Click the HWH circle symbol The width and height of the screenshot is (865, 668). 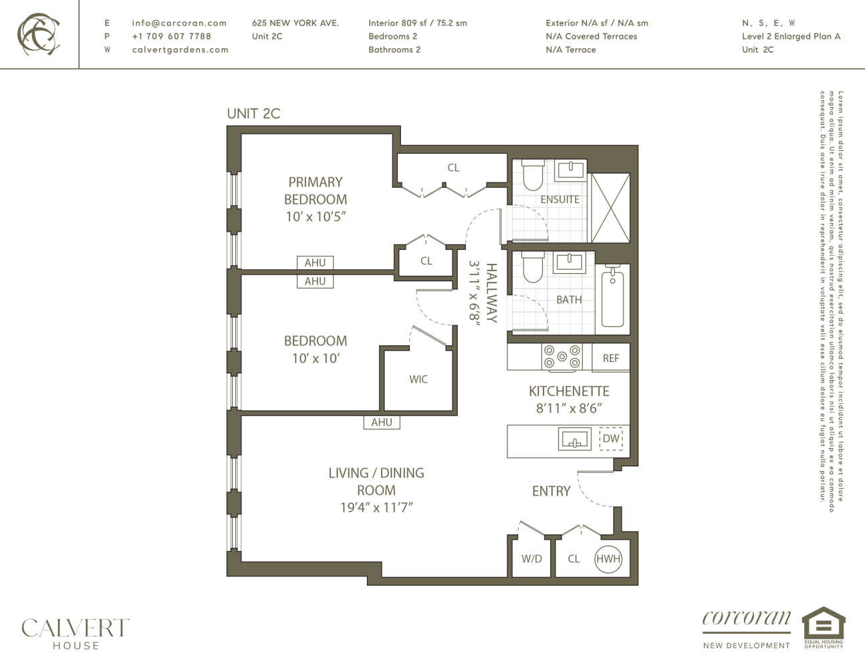(x=608, y=558)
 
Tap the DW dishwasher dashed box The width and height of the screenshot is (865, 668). (x=611, y=439)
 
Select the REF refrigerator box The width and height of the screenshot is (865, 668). (x=610, y=358)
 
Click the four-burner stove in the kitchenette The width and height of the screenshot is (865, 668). (x=562, y=357)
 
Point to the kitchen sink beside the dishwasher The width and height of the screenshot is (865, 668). (x=574, y=440)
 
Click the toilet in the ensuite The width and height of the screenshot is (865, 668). (x=532, y=175)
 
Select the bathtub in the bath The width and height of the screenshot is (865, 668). (x=612, y=298)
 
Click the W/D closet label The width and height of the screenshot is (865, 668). (x=531, y=558)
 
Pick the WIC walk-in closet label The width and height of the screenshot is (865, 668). (x=418, y=379)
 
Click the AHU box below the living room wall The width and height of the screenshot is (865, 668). (x=382, y=422)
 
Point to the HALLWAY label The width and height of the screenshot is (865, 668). (x=491, y=293)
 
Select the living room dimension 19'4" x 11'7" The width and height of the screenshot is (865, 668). (x=376, y=508)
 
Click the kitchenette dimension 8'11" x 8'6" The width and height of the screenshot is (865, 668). (x=569, y=409)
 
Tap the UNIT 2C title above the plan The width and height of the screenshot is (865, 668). (x=253, y=114)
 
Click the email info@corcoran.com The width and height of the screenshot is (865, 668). (x=179, y=23)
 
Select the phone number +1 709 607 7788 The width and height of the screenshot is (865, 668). (x=171, y=36)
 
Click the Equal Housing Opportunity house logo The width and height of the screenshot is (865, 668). (x=824, y=625)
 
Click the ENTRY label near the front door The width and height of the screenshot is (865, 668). (x=551, y=491)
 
